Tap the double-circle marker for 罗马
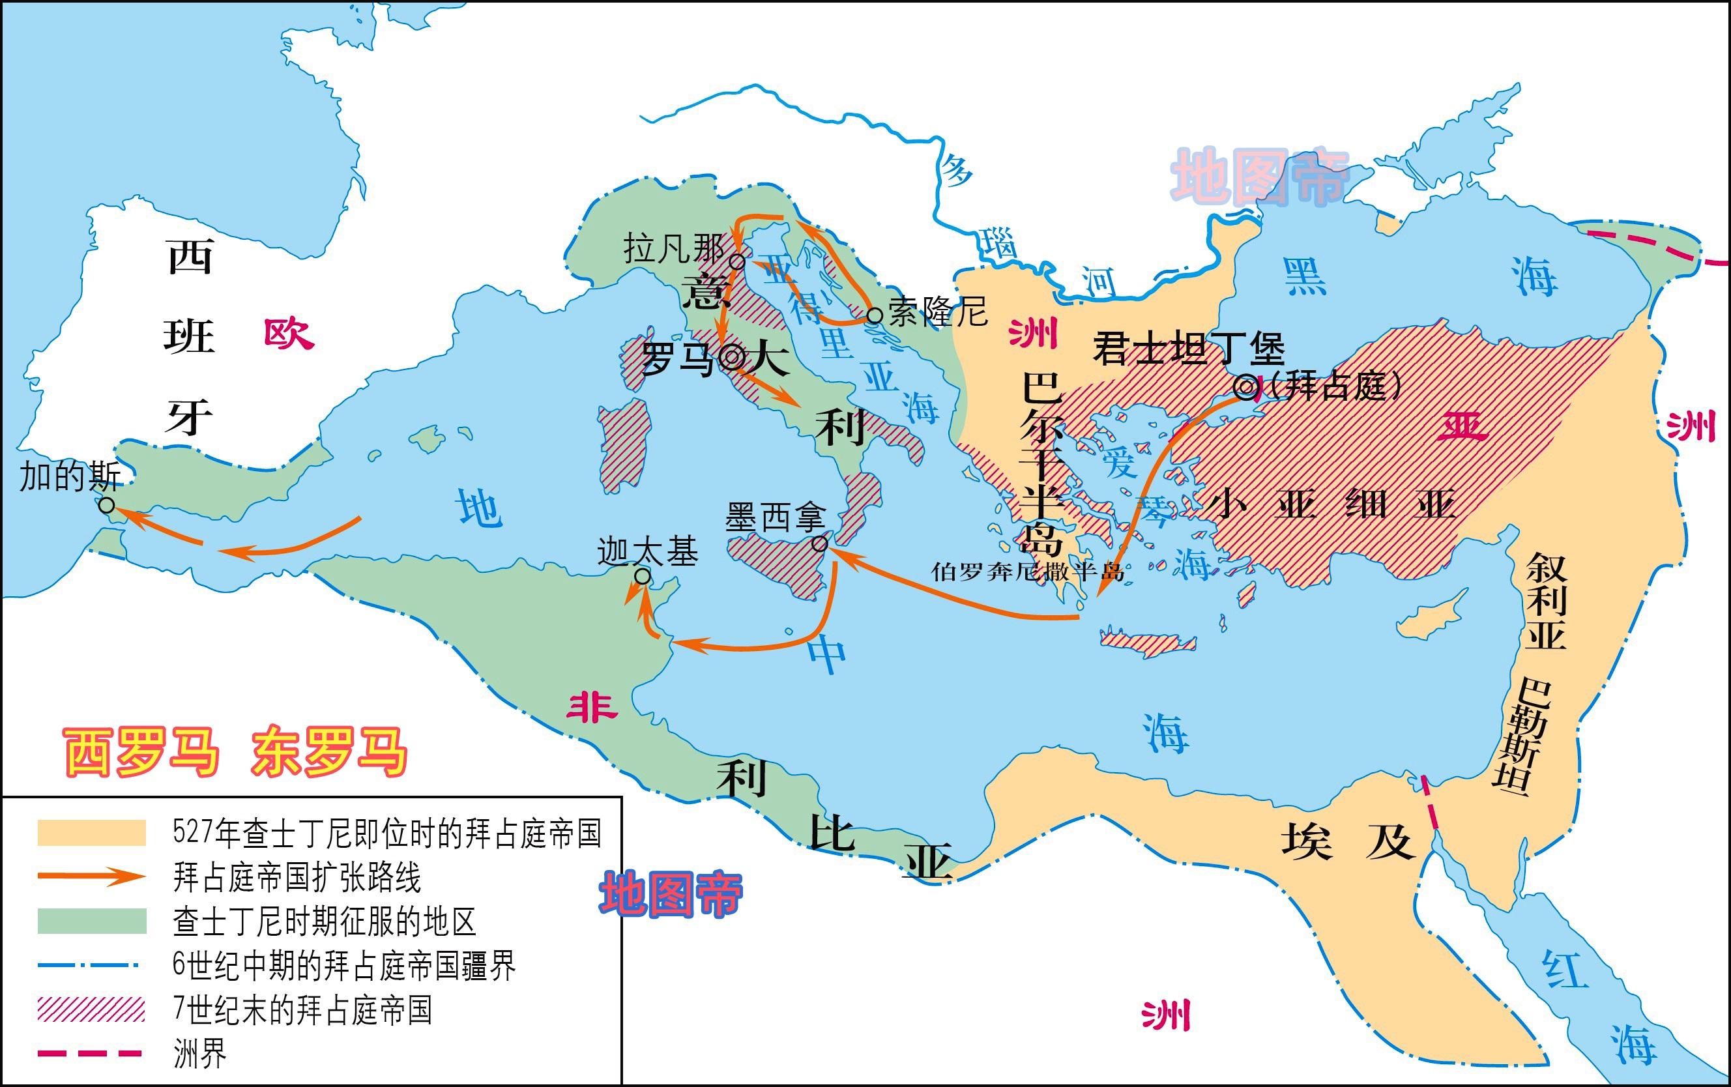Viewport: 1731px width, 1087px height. (x=732, y=357)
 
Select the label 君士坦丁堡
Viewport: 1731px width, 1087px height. (x=1188, y=348)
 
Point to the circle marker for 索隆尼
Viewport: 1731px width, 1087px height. (x=874, y=315)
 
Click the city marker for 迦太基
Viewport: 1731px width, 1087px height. (x=643, y=576)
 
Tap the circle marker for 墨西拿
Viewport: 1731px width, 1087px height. (x=819, y=544)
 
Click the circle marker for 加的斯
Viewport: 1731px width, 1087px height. (x=106, y=506)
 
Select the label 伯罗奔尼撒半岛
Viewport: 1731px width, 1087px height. (x=1027, y=572)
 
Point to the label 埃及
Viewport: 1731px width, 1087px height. (x=1347, y=841)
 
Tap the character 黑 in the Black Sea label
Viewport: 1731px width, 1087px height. (x=1305, y=276)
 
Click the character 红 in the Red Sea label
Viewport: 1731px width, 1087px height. (x=1564, y=968)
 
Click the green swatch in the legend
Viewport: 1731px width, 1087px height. (x=92, y=921)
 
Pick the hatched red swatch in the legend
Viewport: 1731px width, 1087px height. (x=92, y=1009)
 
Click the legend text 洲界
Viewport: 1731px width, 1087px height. (x=200, y=1054)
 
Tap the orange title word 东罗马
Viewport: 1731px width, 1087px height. (x=329, y=752)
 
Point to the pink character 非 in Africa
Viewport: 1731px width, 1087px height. (x=592, y=708)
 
